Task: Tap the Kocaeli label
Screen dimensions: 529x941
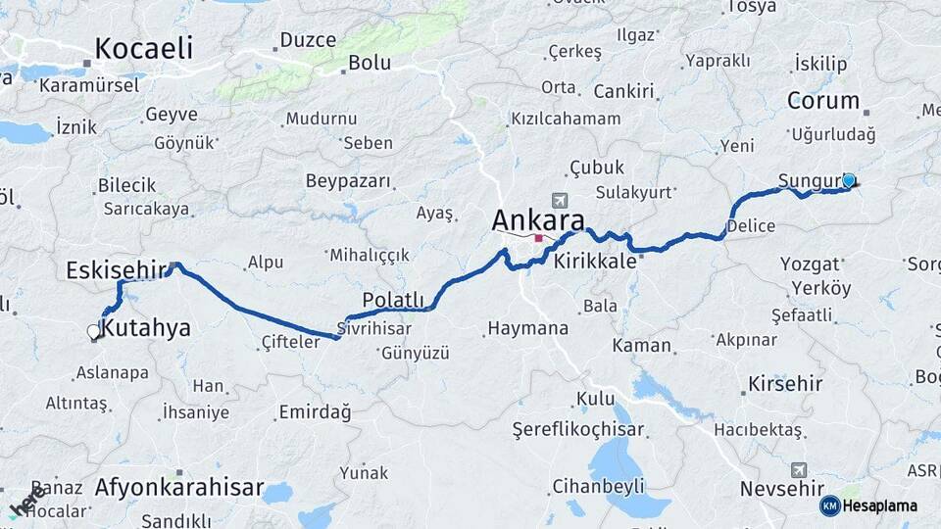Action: coord(144,48)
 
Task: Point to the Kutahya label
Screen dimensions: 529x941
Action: coord(146,328)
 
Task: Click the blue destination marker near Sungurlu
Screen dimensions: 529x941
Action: coord(849,181)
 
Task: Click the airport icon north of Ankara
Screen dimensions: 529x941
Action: coord(559,200)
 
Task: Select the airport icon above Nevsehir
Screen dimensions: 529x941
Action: coord(799,470)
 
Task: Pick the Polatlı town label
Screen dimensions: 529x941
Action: coord(393,299)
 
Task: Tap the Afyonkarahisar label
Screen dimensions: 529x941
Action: coord(179,487)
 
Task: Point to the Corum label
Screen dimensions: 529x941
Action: coord(823,101)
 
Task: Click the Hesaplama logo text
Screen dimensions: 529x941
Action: coord(880,505)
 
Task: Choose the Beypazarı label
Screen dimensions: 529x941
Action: coord(348,181)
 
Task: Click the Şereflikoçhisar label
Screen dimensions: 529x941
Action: coord(578,429)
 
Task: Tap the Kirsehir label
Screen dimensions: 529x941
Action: coord(785,383)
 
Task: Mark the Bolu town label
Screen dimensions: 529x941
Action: coord(370,63)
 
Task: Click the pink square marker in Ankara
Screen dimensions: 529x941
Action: coord(538,237)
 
